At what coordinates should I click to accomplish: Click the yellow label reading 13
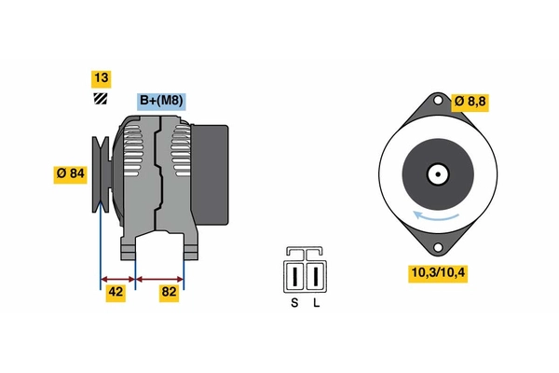pos(102,78)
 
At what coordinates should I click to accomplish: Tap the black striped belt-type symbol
pos(101,99)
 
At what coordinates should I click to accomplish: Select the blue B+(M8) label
pos(161,102)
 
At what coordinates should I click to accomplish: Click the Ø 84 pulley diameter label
pos(70,174)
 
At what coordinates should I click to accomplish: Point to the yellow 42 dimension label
pos(116,293)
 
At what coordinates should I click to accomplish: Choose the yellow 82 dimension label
pos(169,293)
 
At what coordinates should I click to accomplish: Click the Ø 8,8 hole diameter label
pos(470,103)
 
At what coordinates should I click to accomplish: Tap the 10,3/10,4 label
pos(438,273)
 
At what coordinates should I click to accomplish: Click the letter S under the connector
pos(294,303)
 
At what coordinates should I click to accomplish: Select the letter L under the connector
pos(316,303)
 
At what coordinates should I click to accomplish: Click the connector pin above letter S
pos(294,277)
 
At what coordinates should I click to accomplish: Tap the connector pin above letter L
pos(316,277)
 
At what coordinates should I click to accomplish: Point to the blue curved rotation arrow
pos(436,217)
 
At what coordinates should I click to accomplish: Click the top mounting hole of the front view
pos(438,101)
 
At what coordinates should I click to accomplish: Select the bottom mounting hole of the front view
pos(438,247)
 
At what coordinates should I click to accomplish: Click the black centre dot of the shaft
pos(438,174)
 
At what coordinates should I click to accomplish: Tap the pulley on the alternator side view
pos(101,174)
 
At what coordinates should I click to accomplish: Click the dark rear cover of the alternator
pos(211,174)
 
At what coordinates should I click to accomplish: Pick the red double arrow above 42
pos(118,279)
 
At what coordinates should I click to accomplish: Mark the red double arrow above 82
pos(159,279)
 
